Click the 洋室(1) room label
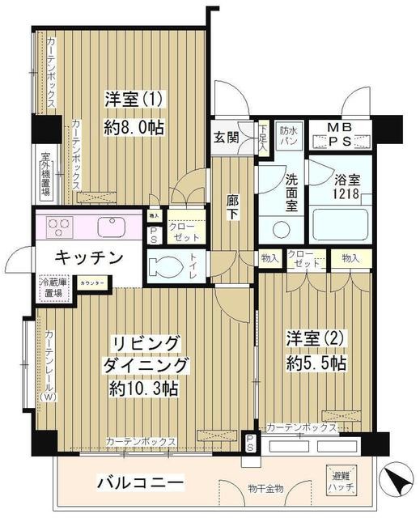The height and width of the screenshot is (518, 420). pos(135,100)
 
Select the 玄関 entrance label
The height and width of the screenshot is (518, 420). pos(227,137)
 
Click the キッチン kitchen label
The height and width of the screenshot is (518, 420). pos(89,258)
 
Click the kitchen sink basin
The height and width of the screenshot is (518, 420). pos(109,225)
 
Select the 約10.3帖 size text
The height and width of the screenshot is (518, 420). pos(144,388)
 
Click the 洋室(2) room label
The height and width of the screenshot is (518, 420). pos(308,337)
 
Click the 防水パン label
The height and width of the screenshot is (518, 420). pos(289,135)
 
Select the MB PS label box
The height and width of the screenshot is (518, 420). pos(340,134)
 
